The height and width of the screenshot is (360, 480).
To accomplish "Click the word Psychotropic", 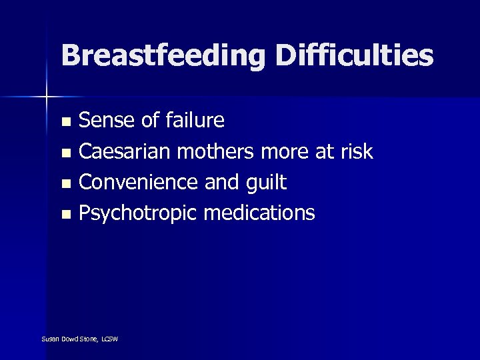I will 137,214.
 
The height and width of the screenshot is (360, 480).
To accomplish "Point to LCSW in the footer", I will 110,339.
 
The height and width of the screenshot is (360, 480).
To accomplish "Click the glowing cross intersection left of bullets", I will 46,97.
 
